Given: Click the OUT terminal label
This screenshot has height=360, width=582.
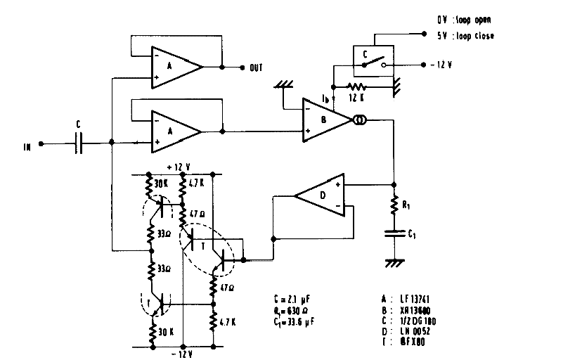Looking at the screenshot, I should tap(255, 67).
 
